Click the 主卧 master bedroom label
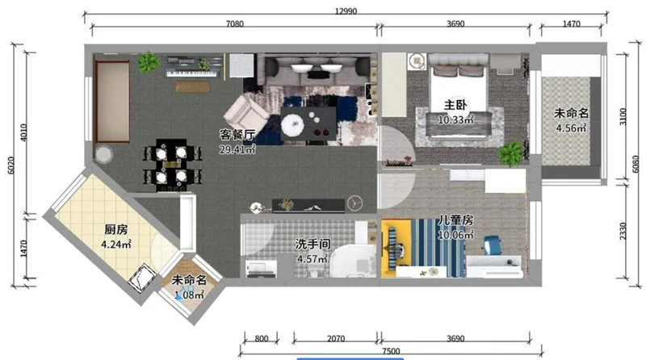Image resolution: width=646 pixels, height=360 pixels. tap(455, 106)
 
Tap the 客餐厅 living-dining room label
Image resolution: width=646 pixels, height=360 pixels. tap(237, 135)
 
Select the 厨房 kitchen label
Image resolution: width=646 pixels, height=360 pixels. tap(115, 229)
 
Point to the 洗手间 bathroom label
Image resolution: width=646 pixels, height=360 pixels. tap(313, 245)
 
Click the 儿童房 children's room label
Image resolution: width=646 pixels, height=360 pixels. tap(455, 220)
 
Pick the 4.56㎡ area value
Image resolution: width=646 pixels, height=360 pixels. tap(571, 128)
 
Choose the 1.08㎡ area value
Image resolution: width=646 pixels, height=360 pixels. tap(189, 295)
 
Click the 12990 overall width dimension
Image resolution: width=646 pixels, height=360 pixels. tap(346, 11)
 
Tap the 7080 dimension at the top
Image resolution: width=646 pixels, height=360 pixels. tap(234, 24)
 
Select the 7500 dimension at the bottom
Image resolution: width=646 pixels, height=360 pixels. tap(391, 351)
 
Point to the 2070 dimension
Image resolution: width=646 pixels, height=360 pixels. tap(336, 338)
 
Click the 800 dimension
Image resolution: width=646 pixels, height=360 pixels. tap(261, 338)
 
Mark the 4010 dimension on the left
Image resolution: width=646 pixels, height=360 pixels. tap(24, 132)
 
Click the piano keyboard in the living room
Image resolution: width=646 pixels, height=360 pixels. tap(191, 73)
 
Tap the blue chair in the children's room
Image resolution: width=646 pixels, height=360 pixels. tap(492, 245)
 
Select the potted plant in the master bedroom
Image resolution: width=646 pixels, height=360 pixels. tap(511, 153)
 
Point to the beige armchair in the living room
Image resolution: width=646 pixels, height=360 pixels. tap(246, 114)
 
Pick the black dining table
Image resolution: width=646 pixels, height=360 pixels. tap(171, 165)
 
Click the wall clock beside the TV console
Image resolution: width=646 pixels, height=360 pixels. tap(354, 203)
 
